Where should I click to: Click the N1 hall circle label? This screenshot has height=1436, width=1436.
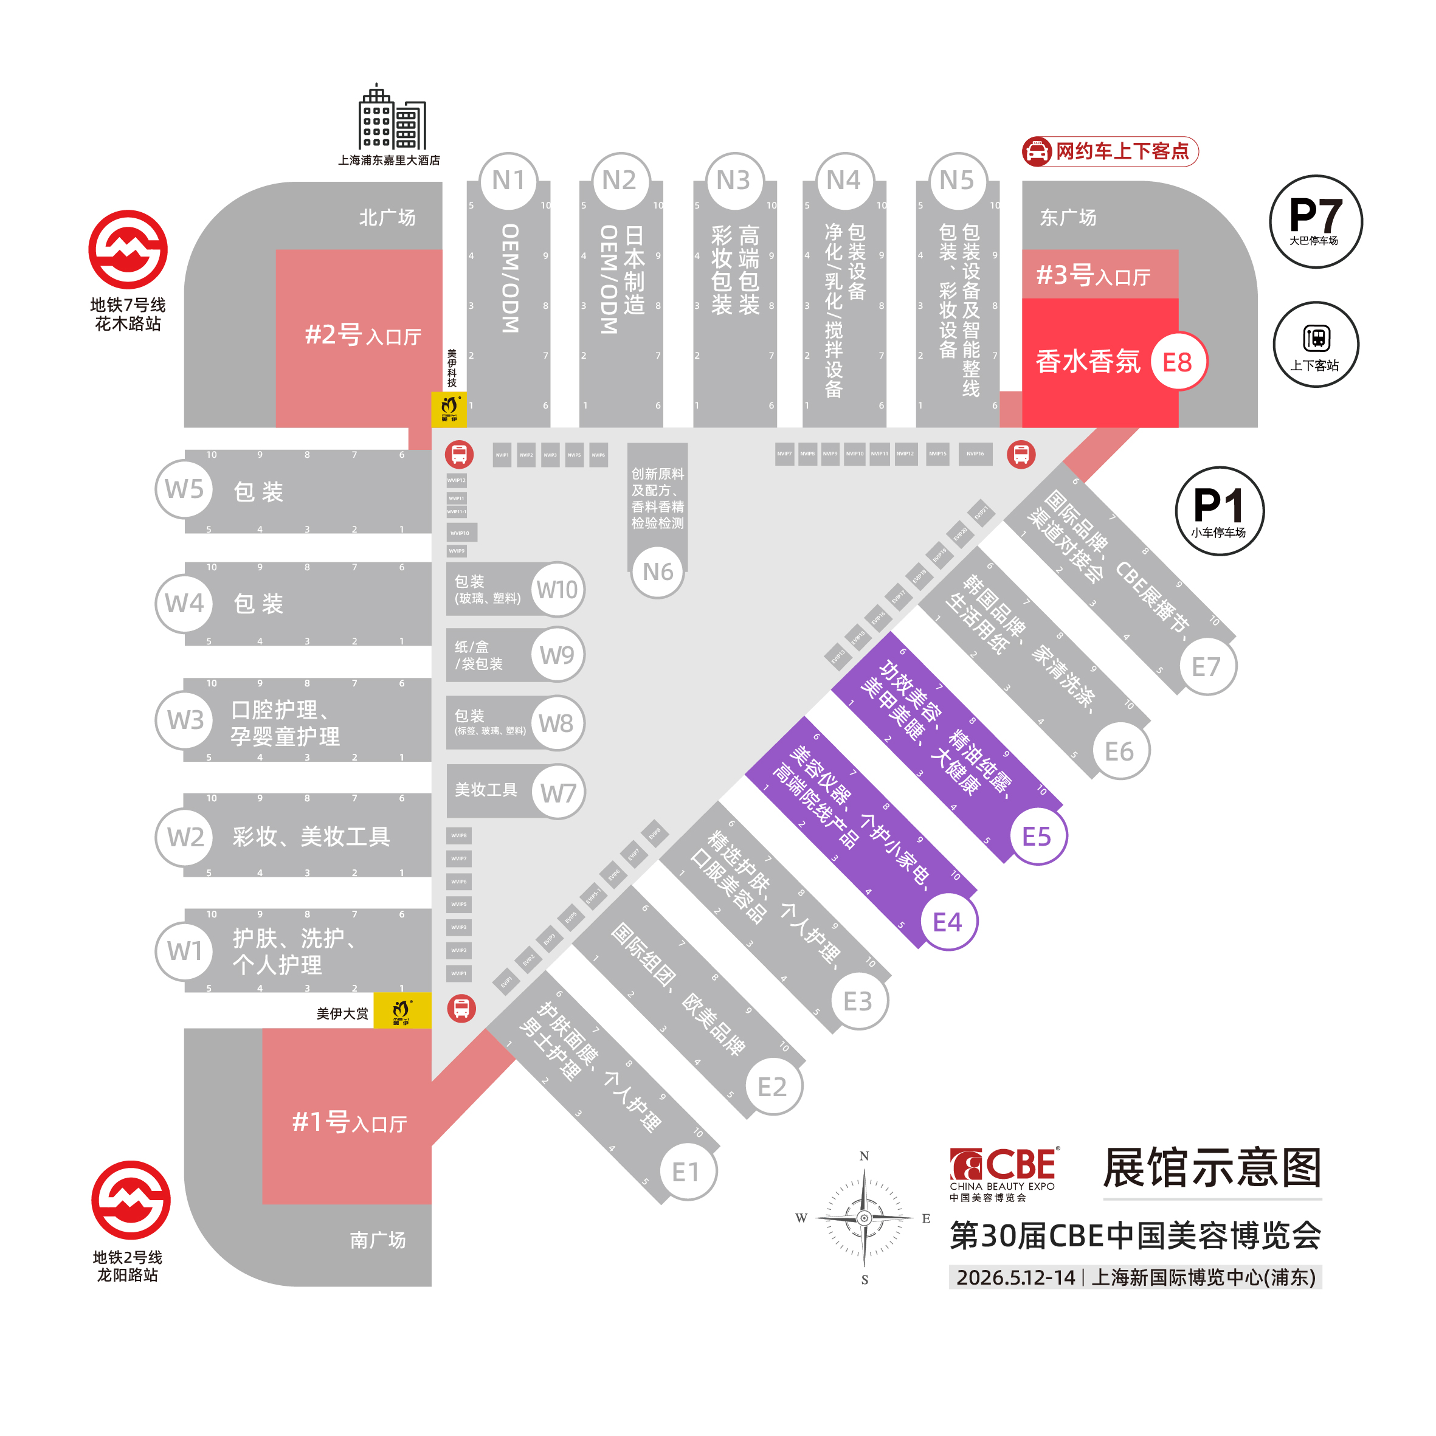coord(508,181)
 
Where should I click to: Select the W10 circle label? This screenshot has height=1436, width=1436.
coord(557,589)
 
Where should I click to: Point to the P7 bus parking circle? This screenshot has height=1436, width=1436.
coord(1315,221)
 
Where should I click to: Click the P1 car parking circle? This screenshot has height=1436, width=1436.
coord(1219,511)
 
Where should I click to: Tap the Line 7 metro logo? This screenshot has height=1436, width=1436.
coord(128,249)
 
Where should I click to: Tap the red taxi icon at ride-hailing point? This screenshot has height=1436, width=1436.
coord(1036,151)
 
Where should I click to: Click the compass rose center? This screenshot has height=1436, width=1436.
coord(864,1218)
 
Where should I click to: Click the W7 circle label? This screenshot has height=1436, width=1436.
coord(557,792)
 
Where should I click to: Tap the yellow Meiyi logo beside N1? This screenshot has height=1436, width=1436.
coord(449,409)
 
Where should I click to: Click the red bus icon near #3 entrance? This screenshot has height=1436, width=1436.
coord(1021,454)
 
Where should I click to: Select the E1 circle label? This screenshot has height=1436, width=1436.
coord(685,1172)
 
